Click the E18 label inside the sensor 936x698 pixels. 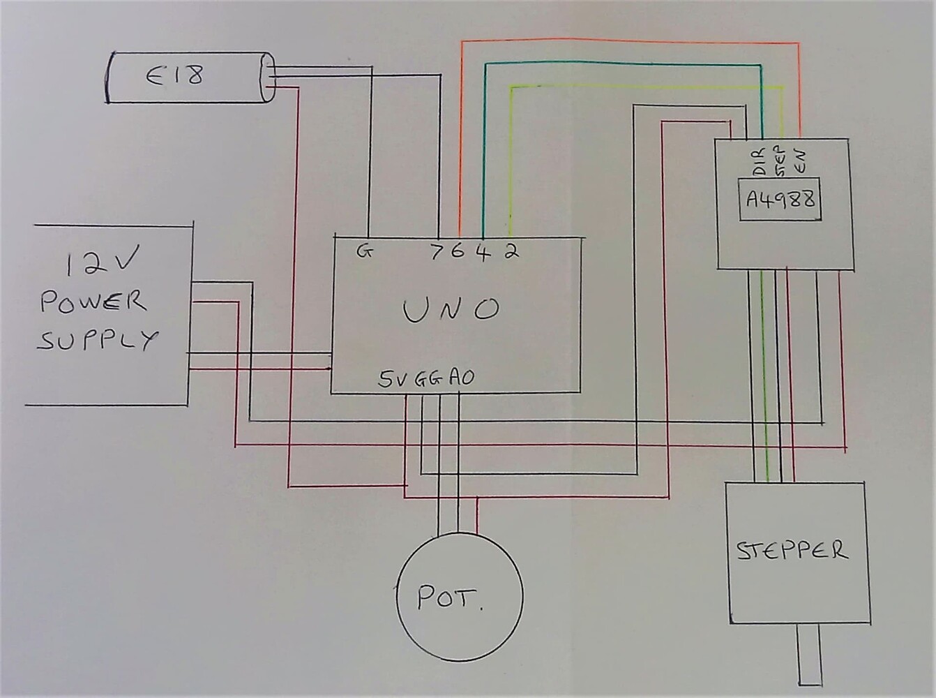[175, 75]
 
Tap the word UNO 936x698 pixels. [451, 309]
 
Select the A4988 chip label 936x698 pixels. [780, 200]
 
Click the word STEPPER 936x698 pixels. [792, 550]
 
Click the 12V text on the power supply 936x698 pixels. [102, 262]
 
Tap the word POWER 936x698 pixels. [93, 302]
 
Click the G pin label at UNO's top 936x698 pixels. [364, 251]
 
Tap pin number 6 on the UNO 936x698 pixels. [457, 251]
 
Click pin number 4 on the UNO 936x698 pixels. [483, 251]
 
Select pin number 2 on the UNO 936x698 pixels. [511, 251]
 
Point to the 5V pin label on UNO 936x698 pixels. [394, 379]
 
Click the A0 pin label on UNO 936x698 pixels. [461, 378]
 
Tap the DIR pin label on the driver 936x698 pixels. [759, 161]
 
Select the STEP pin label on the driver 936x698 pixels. [780, 161]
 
